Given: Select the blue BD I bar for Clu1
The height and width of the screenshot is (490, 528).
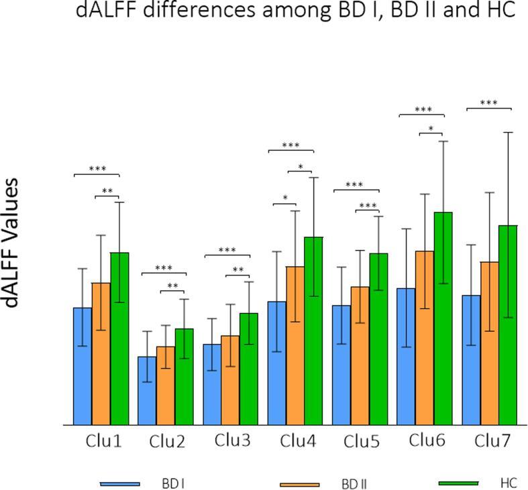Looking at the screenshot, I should (83, 366).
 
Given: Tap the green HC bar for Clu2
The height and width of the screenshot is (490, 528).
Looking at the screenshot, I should (184, 377).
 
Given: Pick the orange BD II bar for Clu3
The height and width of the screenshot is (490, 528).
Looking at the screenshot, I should (230, 380).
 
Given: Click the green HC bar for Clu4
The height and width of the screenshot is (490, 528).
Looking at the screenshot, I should (313, 331).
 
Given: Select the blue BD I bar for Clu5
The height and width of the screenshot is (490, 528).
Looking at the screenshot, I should (341, 365).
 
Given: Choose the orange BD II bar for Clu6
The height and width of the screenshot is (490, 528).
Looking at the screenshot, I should (425, 338).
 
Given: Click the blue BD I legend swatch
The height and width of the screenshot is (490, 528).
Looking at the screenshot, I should (120, 483).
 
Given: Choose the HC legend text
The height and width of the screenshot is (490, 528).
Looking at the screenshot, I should (509, 483).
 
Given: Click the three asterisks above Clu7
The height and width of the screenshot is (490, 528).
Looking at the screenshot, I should (488, 103).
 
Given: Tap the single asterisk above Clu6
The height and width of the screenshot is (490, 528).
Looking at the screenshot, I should (431, 128).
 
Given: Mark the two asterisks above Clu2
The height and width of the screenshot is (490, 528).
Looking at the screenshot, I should (172, 286).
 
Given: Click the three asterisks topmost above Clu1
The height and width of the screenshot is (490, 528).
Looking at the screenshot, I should (96, 169).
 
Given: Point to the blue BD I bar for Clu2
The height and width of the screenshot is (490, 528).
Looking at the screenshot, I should (147, 391).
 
